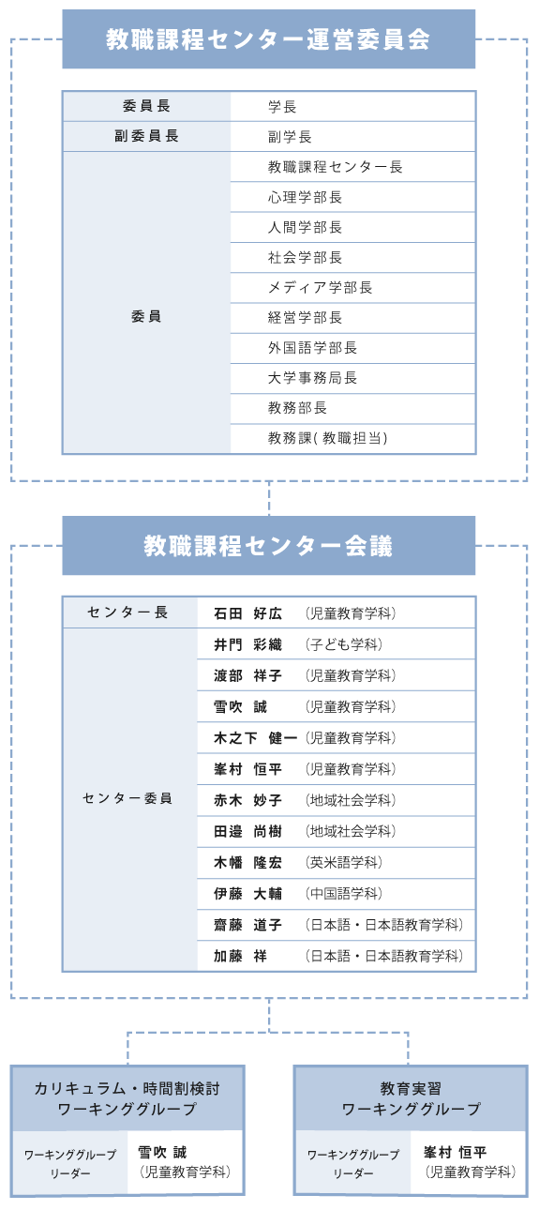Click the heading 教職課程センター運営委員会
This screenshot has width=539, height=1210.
click(x=268, y=39)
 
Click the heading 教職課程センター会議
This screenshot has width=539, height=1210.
click(x=268, y=546)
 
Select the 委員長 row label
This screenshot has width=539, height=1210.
click(x=146, y=106)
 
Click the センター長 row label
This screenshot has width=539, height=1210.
click(x=128, y=612)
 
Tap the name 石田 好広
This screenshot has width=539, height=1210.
click(x=247, y=613)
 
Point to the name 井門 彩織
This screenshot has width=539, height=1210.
click(x=247, y=644)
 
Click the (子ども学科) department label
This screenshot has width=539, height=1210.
click(x=344, y=644)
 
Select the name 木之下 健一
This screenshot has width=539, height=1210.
click(x=256, y=738)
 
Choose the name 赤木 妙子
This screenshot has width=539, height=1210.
click(x=247, y=800)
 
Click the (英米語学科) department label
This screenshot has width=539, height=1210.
click(x=344, y=862)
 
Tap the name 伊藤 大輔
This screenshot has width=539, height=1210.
click(x=247, y=894)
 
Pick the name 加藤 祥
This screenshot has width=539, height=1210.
click(x=240, y=956)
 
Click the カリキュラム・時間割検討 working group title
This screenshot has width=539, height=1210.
click(x=127, y=1088)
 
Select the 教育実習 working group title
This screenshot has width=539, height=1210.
click(x=411, y=1088)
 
